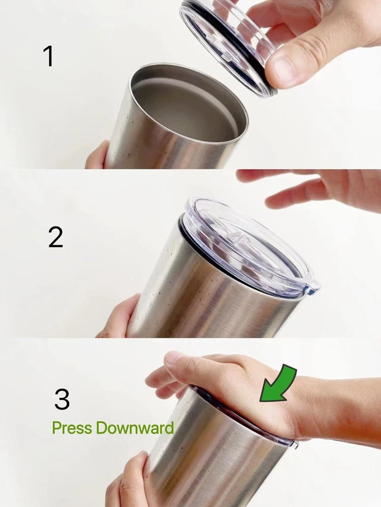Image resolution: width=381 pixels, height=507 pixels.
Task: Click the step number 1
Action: (48, 56)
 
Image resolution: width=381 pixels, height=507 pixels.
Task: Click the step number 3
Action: (62, 399)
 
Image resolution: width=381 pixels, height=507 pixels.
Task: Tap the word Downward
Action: (135, 427)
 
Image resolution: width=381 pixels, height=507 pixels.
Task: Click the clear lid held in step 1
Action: (227, 45)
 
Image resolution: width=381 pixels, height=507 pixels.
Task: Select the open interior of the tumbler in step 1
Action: (189, 103)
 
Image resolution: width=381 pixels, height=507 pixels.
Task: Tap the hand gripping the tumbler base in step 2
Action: (120, 317)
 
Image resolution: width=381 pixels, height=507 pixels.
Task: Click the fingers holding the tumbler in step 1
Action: (97, 156)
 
